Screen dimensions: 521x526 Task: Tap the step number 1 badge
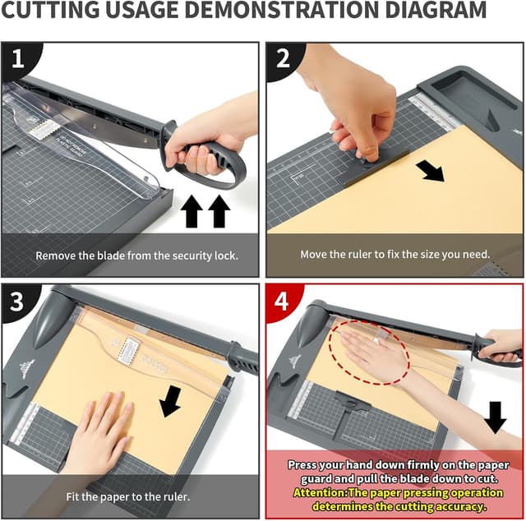pos(16,58)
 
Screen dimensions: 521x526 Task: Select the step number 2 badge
pos(283,58)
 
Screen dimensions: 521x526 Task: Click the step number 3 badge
pos(16,301)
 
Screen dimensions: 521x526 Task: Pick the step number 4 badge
pos(282,301)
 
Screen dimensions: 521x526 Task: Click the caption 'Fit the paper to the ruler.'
pos(127,496)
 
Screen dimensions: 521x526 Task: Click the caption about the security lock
pos(136,255)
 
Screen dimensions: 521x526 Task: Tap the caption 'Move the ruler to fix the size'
pos(394,254)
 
